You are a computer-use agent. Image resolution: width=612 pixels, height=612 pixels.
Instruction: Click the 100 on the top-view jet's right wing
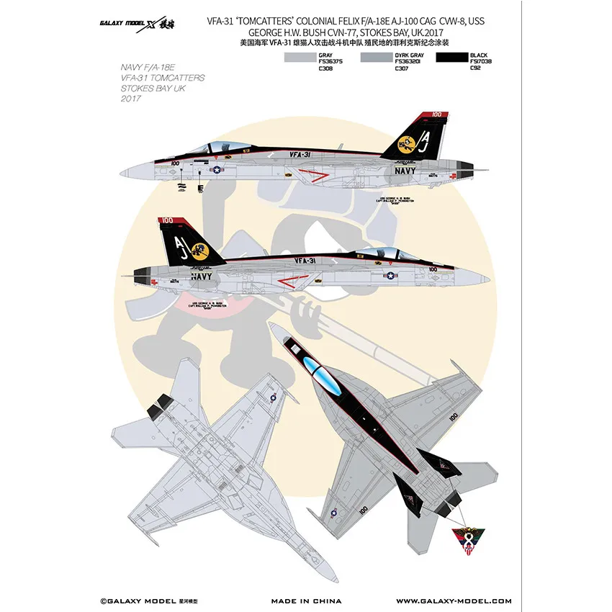(453, 416)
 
